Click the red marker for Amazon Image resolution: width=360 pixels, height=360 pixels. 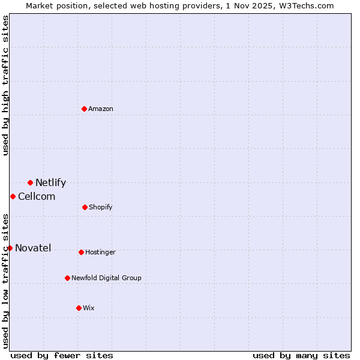tap(85, 109)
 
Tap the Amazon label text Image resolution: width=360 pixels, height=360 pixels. tap(101, 109)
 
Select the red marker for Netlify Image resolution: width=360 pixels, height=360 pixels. tap(30, 182)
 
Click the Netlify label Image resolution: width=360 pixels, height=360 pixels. tap(50, 183)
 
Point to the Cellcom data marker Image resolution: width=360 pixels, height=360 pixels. tap(13, 196)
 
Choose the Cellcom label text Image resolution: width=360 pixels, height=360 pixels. tap(37, 197)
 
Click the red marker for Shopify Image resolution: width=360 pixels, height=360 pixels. tap(85, 207)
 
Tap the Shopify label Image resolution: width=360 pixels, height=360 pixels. tap(100, 208)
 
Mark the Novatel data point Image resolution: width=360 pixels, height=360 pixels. tap(10, 248)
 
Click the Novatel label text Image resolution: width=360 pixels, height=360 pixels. tap(33, 248)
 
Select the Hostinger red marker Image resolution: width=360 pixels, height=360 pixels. tap(81, 252)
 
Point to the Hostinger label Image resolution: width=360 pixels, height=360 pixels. tap(100, 253)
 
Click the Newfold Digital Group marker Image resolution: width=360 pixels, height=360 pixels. tap(67, 278)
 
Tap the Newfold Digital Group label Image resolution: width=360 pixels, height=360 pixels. tap(106, 278)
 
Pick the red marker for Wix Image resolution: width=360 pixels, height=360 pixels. tap(79, 308)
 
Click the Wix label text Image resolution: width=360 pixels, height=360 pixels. tap(89, 308)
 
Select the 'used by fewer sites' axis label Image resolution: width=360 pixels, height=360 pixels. tap(62, 355)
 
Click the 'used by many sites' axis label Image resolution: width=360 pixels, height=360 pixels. tap(301, 355)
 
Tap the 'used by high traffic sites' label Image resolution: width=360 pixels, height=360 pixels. tap(5, 85)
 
